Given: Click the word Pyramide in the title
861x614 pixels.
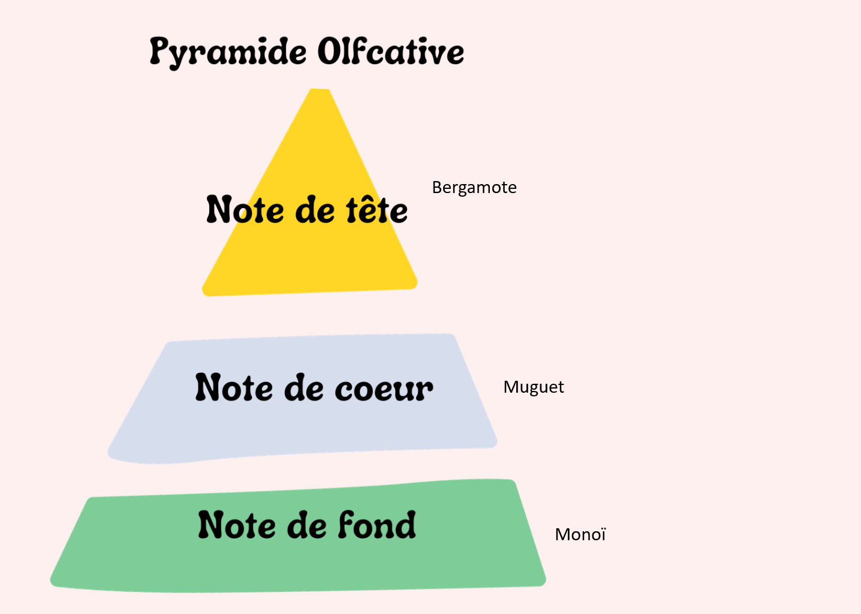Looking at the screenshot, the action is (228, 53).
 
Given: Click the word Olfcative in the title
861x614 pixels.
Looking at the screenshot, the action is (391, 51).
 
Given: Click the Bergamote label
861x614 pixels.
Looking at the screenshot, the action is (474, 188).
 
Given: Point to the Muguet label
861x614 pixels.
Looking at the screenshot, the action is (534, 387).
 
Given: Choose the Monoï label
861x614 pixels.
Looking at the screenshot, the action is (580, 534).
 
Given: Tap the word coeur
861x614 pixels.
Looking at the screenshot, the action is (384, 390).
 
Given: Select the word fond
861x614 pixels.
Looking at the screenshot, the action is (377, 525).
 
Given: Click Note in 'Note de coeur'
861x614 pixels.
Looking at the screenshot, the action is (234, 387).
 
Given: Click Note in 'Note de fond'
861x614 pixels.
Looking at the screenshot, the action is (237, 525).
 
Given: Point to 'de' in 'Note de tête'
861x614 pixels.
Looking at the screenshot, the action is (315, 209).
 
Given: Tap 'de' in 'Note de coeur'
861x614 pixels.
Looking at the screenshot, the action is (304, 387).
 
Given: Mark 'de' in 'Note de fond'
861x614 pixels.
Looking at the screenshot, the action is (307, 525).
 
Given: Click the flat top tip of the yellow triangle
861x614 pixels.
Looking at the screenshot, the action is (320, 89).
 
